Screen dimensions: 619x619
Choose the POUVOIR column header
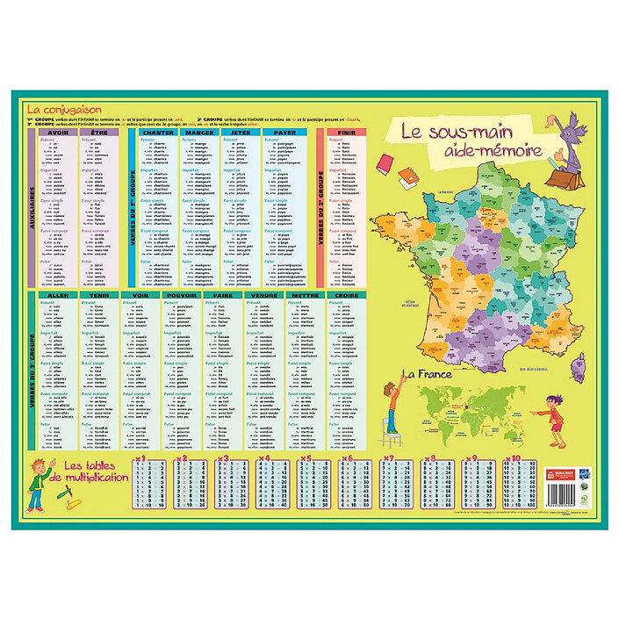pyautogui.click(x=183, y=296)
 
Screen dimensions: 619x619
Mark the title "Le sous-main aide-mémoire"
pyautogui.click(x=470, y=142)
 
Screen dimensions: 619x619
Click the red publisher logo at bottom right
pyautogui.click(x=560, y=471)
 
